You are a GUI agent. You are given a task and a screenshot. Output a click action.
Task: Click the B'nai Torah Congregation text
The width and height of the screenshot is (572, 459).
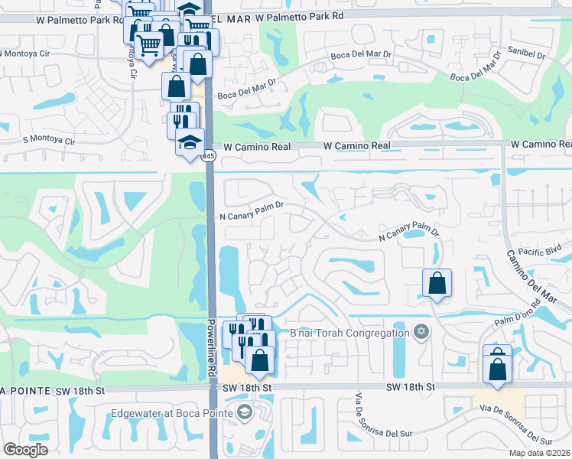(x=349, y=333)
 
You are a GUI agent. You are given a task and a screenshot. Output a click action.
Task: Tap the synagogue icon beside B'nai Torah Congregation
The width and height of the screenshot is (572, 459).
(x=419, y=332)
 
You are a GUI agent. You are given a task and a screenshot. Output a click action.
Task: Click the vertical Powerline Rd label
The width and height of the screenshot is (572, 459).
(x=210, y=347)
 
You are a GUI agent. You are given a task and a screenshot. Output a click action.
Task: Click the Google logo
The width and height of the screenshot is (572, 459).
(x=26, y=450)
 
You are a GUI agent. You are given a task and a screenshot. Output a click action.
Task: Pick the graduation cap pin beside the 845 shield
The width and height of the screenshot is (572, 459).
(x=190, y=142)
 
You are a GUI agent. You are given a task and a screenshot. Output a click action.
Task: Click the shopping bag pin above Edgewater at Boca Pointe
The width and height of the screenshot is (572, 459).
(x=260, y=360)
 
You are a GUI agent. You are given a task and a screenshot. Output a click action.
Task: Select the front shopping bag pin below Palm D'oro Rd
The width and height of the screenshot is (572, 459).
(x=497, y=369)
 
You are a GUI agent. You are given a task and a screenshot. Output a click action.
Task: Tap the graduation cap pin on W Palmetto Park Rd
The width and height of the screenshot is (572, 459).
(x=188, y=11)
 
